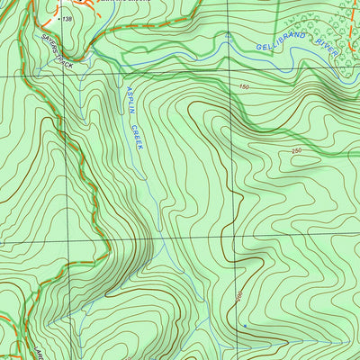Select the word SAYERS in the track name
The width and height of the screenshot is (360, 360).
(49, 54)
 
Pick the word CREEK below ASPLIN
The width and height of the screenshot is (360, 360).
(137, 134)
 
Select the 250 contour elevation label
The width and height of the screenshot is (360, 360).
(297, 150)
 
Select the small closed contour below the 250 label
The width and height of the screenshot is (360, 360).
(306, 162)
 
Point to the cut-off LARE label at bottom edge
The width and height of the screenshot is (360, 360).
(40, 351)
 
